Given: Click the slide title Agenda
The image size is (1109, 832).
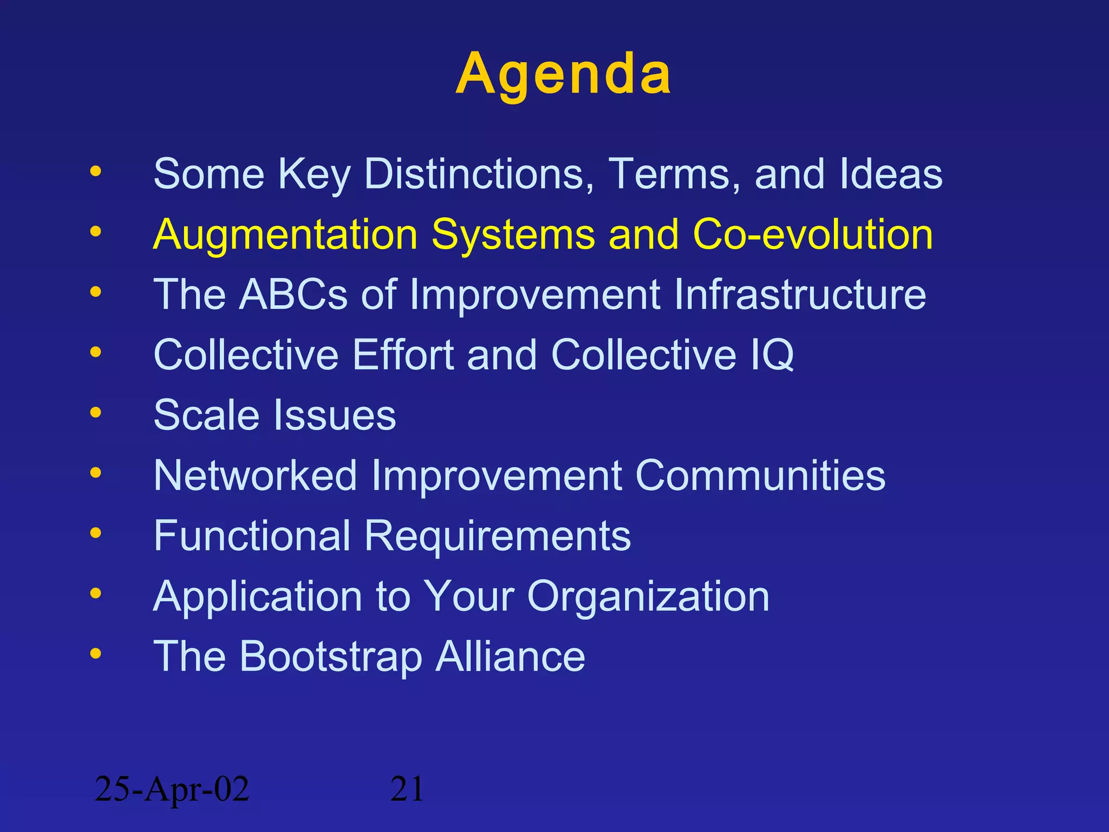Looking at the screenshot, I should coord(563,74).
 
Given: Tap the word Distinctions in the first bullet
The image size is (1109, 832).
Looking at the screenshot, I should coord(479,174).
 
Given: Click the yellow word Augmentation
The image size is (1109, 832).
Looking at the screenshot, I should coord(285,235).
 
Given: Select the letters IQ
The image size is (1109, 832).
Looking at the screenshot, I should coord(772,355).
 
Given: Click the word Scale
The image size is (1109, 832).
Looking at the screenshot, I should coord(206,415).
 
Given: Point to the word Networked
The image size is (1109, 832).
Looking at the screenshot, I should coord(255,476).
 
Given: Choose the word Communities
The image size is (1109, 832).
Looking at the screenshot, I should coord(760,476).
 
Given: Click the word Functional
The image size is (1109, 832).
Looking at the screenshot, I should coord(252,536).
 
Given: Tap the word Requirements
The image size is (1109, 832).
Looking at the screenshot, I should coord(497,536).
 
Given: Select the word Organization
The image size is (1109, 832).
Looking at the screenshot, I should coord(648,596).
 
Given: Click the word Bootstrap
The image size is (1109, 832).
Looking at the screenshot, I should coord(330,656).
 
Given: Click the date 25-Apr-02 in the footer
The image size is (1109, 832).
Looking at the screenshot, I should coord(172,789).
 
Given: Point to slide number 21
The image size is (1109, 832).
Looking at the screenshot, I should coord(407,789).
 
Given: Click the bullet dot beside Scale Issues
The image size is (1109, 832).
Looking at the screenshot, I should coord(95,413).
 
